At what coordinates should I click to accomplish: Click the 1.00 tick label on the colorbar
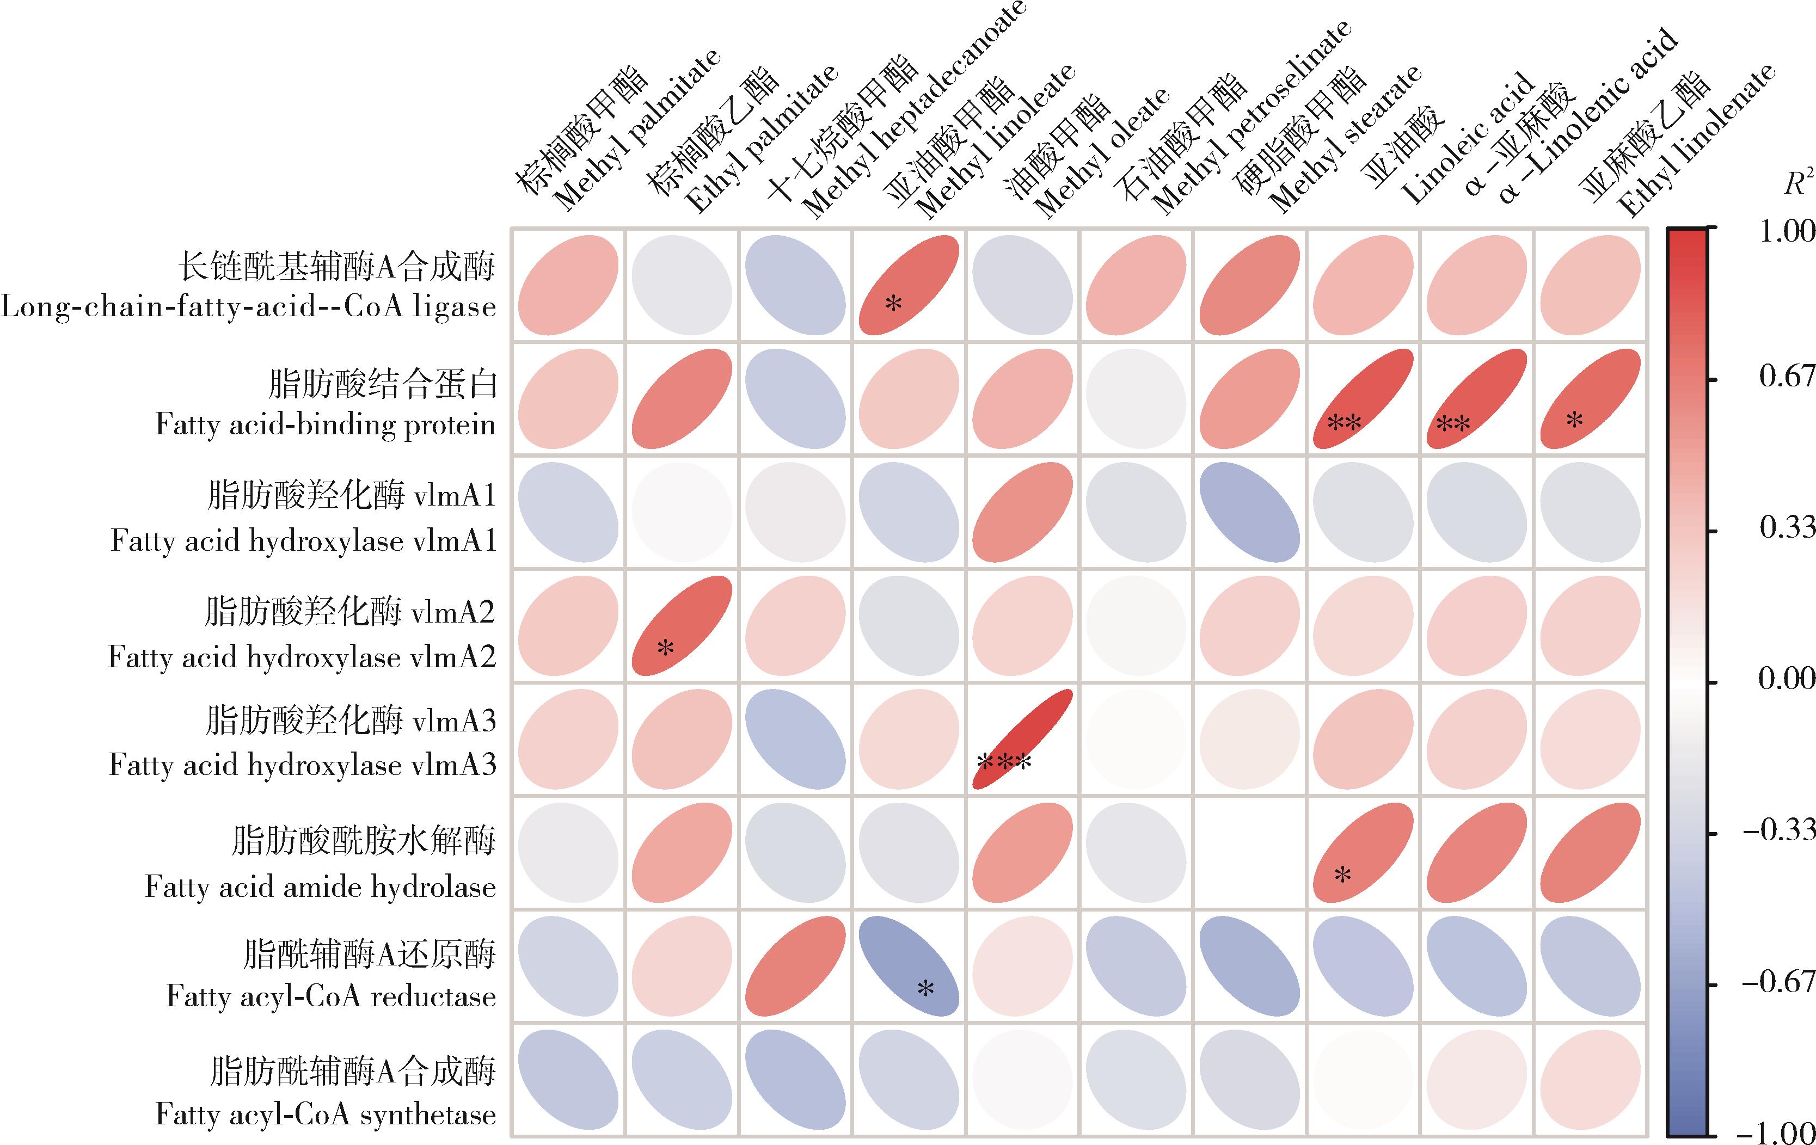coord(1786,231)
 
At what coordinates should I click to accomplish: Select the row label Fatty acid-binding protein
coord(326,424)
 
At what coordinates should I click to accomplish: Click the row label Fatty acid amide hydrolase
coord(321,887)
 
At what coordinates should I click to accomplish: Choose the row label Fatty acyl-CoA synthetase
coord(326,1113)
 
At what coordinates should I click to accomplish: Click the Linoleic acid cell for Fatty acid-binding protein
coord(1364,399)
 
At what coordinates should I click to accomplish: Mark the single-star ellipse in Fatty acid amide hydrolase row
coord(1364,853)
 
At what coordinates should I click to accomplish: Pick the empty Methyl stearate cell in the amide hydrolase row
coord(1250,853)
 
